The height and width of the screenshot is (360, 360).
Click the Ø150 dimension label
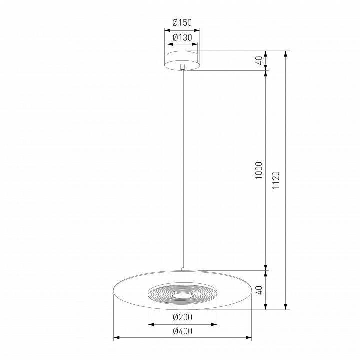[182, 22]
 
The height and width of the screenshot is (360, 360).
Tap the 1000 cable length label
[258, 171]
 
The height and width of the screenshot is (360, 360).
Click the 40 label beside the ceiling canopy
[258, 60]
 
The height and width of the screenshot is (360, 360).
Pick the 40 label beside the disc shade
[258, 290]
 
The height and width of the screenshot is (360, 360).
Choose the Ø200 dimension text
[182, 317]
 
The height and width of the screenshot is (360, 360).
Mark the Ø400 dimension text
[182, 331]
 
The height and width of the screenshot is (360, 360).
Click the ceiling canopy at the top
[183, 59]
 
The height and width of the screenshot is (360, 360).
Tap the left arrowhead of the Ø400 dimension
[116, 338]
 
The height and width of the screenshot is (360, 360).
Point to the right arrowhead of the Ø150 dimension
[199, 30]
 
